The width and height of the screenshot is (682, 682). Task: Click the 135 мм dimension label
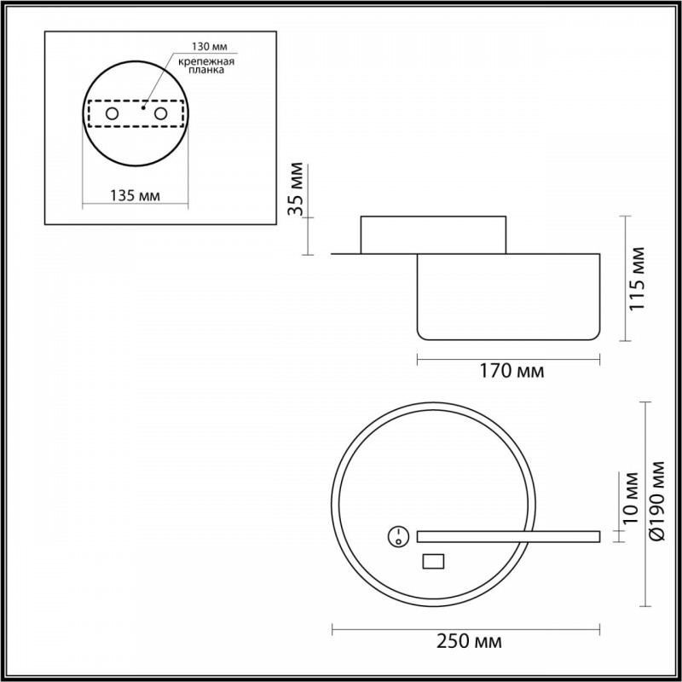135,196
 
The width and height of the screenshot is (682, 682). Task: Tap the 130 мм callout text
210,46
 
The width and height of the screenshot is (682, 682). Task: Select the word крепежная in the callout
206,61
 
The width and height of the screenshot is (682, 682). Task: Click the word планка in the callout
206,70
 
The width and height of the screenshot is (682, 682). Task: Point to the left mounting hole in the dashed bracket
112,114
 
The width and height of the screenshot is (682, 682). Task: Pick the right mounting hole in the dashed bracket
160,114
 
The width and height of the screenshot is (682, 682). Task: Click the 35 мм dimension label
296,188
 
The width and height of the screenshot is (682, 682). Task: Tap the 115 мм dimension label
637,279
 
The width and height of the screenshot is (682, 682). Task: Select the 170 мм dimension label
511,372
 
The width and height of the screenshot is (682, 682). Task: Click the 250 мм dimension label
469,642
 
